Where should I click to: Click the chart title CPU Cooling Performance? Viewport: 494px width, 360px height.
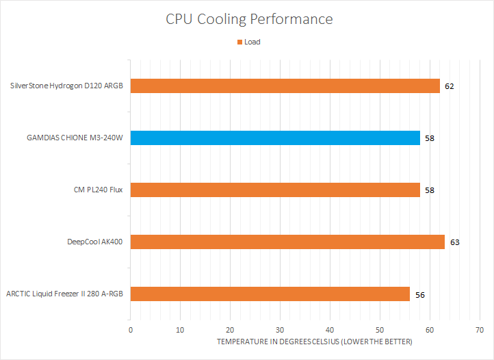249,18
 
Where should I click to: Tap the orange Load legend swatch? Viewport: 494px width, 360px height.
239,42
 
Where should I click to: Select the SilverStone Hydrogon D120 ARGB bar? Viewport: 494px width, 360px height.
285,86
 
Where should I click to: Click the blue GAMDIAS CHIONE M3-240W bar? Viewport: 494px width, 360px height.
274,138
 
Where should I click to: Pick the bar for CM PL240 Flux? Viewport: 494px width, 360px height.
274,190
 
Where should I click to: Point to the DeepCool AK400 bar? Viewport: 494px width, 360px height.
287,242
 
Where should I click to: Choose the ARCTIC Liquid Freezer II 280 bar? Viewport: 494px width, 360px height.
270,294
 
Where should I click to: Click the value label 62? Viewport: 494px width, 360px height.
449,87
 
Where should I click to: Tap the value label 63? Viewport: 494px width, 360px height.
454,242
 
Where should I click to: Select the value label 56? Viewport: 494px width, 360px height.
419,295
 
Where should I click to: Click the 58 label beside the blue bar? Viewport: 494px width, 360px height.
430,139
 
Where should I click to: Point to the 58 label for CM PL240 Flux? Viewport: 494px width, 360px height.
430,190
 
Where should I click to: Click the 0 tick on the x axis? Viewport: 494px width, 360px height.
130,329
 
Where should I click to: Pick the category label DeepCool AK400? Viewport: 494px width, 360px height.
95,242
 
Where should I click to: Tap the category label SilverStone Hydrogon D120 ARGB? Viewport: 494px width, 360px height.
66,86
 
